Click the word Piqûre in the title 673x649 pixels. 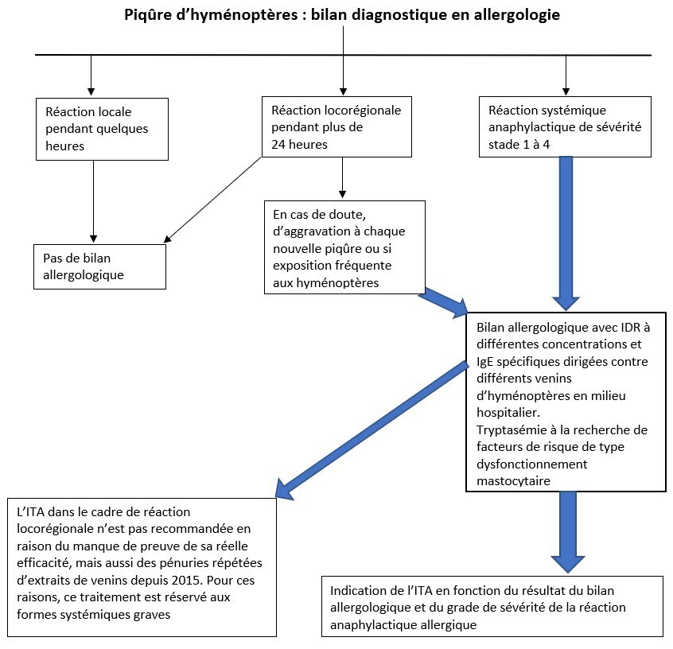click(x=148, y=15)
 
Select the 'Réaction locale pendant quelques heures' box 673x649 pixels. click(x=102, y=129)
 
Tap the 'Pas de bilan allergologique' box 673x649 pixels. click(x=99, y=266)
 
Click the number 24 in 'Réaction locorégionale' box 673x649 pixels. click(x=278, y=144)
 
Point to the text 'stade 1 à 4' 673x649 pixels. click(x=519, y=145)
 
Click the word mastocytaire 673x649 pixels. click(x=513, y=480)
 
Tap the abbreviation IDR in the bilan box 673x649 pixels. click(x=631, y=328)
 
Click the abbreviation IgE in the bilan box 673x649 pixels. click(x=485, y=362)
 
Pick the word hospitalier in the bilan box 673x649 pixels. click(x=508, y=413)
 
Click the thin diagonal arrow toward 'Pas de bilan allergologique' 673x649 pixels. click(x=212, y=200)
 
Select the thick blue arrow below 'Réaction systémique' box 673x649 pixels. click(x=566, y=233)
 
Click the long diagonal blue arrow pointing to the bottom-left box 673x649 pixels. click(x=372, y=430)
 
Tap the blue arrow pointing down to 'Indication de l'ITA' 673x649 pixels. click(x=568, y=532)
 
